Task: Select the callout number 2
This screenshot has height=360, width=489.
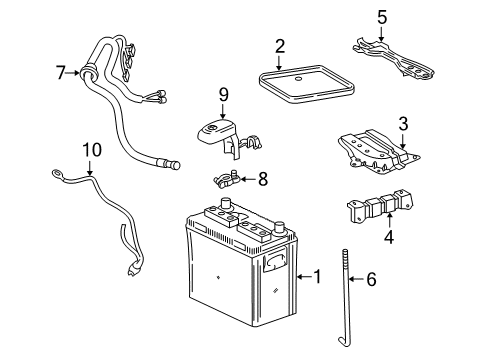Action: (x=280, y=45)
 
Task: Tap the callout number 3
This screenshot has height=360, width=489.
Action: (x=403, y=124)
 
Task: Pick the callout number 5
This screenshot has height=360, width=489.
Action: (x=381, y=16)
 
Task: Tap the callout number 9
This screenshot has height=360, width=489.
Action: (x=224, y=95)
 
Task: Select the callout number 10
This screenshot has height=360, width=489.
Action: (x=92, y=150)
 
